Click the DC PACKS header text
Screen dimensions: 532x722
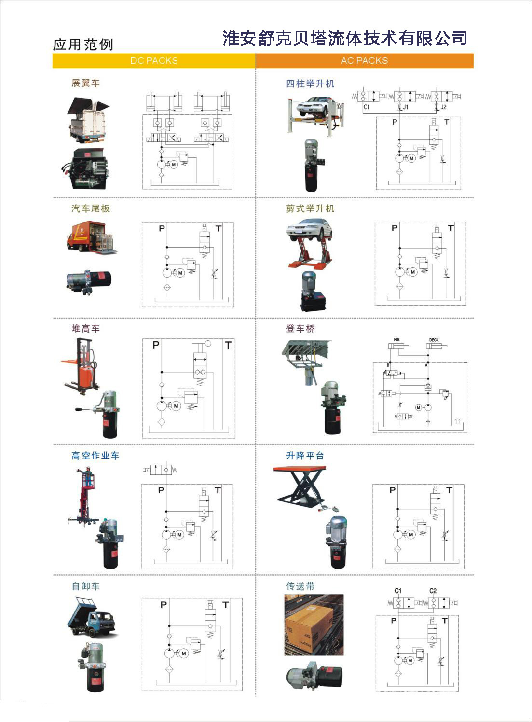click(x=154, y=61)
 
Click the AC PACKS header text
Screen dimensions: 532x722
click(x=364, y=61)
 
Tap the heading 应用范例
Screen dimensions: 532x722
click(x=83, y=44)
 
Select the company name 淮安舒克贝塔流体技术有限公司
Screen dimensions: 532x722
click(x=345, y=38)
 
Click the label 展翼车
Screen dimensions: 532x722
click(x=85, y=83)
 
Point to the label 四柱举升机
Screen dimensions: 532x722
click(x=310, y=83)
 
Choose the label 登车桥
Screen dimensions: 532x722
click(x=300, y=329)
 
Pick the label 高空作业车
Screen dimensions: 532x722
click(x=95, y=456)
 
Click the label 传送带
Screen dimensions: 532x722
click(x=300, y=586)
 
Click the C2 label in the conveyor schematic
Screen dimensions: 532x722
click(x=433, y=591)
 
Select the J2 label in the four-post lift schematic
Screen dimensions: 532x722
click(x=444, y=107)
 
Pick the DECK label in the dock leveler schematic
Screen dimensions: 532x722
click(x=434, y=340)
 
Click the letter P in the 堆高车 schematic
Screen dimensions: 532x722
click(x=155, y=345)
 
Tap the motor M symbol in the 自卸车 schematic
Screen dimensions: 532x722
click(x=184, y=653)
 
